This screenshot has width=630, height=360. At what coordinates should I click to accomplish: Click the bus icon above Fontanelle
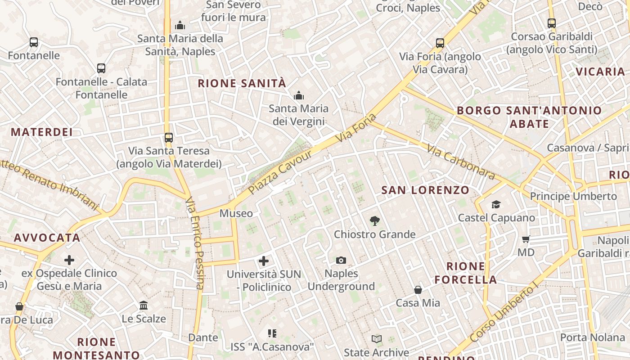[34, 42]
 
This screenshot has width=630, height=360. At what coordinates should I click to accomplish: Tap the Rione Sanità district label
[242, 83]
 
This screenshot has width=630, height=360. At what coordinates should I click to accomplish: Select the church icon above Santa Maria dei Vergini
[298, 95]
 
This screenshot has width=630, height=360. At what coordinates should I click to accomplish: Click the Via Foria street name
[355, 129]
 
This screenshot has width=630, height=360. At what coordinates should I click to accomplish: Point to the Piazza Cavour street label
[280, 172]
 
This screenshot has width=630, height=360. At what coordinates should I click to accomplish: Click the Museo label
[236, 213]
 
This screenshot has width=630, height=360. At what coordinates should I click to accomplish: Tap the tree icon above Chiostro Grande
[374, 221]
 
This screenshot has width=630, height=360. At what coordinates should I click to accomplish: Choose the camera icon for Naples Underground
[341, 260]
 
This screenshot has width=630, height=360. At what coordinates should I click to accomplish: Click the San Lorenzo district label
[425, 190]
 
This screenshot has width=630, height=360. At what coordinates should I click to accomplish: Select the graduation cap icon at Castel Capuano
[496, 205]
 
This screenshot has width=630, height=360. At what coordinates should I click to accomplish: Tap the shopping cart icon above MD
[526, 239]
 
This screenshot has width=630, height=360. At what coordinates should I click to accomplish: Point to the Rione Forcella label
[466, 273]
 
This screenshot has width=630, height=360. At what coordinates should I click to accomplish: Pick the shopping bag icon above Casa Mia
[418, 290]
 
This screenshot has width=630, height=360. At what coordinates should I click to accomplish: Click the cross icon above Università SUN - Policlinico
[264, 261]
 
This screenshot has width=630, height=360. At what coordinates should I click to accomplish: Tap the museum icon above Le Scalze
[144, 306]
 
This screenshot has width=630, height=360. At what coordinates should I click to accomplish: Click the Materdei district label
[41, 132]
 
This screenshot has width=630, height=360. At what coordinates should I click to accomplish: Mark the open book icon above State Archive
[377, 339]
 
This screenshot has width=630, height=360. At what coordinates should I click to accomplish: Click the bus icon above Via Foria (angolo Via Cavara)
[440, 43]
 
